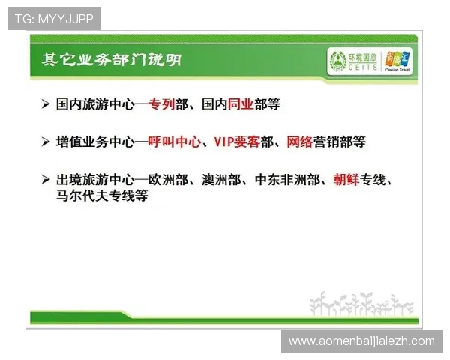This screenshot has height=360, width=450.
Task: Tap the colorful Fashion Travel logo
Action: pyautogui.click(x=397, y=58)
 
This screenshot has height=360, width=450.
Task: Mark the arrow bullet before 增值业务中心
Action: pyautogui.click(x=46, y=141)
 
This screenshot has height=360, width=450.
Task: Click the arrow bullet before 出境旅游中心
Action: pyautogui.click(x=46, y=180)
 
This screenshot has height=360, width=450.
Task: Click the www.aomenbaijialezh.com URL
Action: pyautogui.click(x=361, y=341)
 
